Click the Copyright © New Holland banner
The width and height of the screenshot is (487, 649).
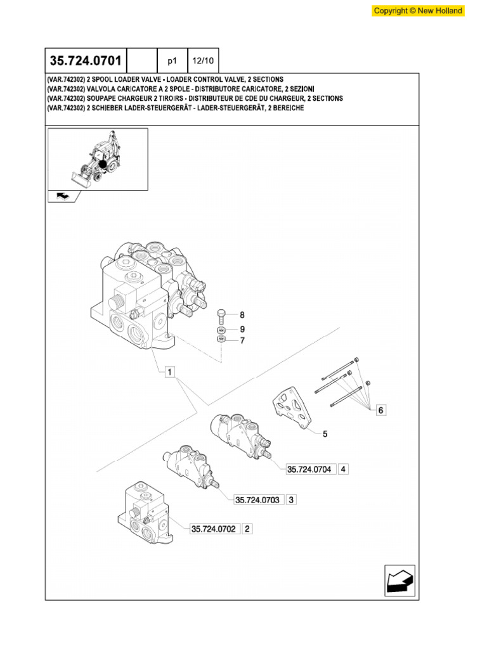point(418,11)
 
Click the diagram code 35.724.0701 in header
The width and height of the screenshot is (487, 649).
point(86,61)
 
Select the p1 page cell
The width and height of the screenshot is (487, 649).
point(172,61)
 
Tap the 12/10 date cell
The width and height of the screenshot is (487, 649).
point(203,61)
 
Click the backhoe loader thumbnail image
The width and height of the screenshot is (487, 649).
point(98,158)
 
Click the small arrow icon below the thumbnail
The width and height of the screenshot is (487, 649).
point(64,196)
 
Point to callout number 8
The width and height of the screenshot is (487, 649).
point(242,315)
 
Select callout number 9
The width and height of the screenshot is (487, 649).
point(242,329)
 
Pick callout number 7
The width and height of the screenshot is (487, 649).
point(242,341)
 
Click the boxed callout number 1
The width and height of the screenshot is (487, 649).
point(169,373)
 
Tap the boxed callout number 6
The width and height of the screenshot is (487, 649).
point(380,410)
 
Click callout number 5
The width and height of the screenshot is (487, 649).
point(325,434)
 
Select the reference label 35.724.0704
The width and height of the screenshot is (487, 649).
point(310,470)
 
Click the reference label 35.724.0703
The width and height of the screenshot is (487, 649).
point(257,499)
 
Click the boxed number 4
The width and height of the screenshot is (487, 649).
point(343,470)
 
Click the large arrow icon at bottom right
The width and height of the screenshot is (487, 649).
point(399,580)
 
